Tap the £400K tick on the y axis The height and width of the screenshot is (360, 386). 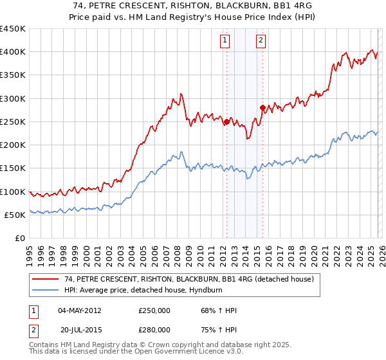pos(13,52)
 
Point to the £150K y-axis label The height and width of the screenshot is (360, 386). pos(13,168)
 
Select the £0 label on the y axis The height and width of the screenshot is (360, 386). pos(19,239)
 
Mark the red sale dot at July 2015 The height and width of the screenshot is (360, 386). pos(262,108)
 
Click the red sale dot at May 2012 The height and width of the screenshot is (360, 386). pos(226,122)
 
